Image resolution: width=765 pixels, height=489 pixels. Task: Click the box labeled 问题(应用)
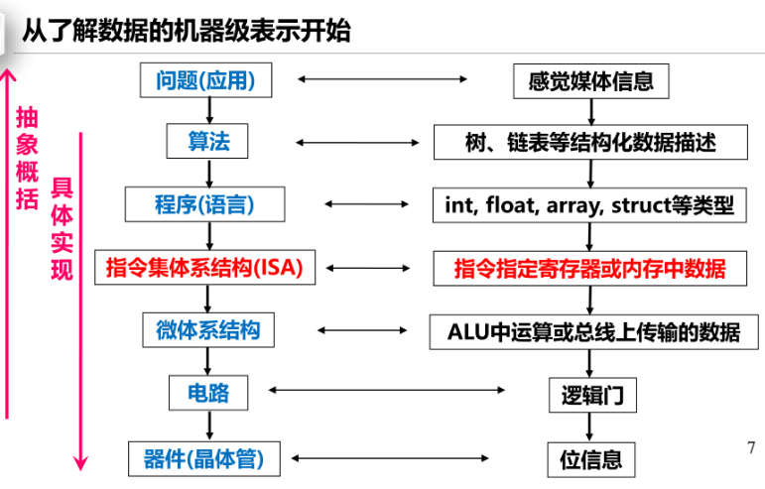click(205, 79)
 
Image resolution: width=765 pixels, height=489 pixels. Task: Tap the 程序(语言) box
click(205, 205)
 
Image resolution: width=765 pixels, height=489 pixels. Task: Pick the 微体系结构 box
click(207, 329)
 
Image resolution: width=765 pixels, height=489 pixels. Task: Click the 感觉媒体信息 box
click(590, 80)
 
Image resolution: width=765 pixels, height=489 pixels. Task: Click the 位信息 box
click(591, 459)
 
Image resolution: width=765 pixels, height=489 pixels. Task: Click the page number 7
click(750, 447)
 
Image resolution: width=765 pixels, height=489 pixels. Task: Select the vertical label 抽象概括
click(27, 159)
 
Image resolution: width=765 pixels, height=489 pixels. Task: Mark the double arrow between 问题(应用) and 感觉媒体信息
click(382, 78)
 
